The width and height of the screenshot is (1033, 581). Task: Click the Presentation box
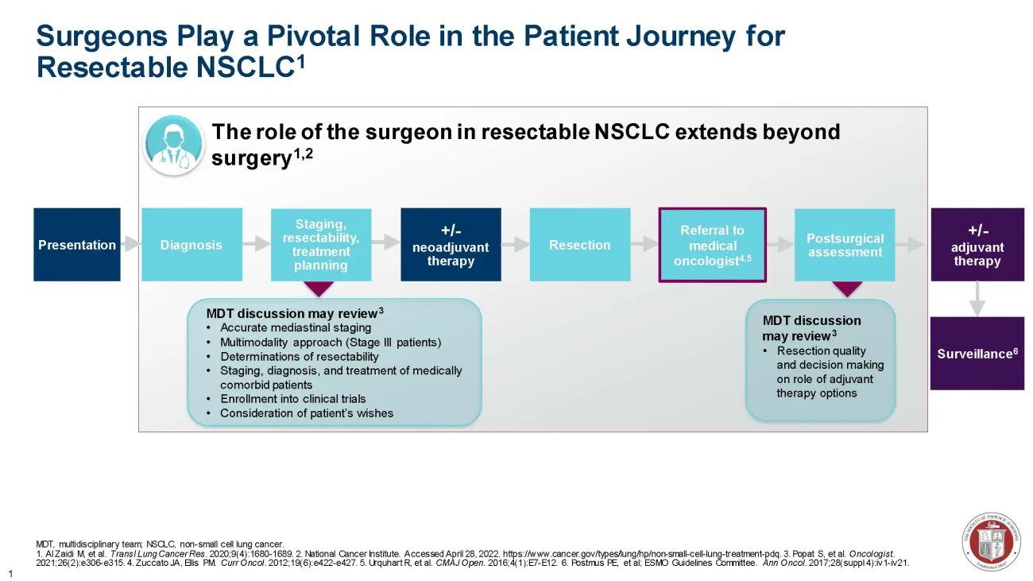77,245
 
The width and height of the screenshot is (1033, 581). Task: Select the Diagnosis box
192,245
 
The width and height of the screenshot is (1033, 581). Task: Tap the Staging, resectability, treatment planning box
321,245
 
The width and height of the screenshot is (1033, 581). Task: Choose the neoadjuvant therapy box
451,245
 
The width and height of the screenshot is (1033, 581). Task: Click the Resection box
580,245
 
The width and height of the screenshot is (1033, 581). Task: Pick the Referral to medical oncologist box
713,245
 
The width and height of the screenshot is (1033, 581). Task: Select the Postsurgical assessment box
845,245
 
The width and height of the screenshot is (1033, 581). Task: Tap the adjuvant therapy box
977,245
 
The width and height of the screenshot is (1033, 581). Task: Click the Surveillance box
977,354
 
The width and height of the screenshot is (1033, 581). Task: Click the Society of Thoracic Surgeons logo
991,540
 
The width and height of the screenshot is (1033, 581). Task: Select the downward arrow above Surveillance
977,300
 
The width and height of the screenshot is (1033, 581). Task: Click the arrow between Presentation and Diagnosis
131,245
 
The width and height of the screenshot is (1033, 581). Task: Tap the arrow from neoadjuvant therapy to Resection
516,245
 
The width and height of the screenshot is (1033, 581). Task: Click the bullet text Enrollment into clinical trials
292,399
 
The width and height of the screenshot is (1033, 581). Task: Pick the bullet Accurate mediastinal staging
295,327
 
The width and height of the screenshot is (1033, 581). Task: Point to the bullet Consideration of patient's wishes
306,413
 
